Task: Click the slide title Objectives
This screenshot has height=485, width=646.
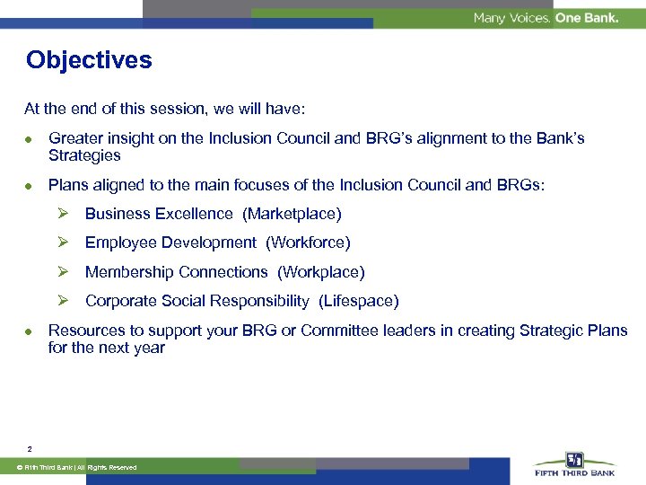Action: point(89,60)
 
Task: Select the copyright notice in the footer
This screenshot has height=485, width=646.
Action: point(81,468)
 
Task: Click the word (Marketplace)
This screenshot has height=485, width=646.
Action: point(292,214)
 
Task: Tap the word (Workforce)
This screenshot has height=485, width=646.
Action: point(308,242)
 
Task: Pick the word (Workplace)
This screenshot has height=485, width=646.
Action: point(320,272)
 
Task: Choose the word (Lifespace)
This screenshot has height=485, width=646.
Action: point(358,301)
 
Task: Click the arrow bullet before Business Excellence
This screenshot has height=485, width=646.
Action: point(64,214)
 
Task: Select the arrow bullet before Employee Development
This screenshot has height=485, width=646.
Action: point(64,242)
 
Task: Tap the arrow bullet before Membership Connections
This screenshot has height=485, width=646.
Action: point(64,272)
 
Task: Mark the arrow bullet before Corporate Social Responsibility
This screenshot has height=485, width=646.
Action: point(64,301)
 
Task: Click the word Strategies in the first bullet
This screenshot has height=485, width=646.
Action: point(84,155)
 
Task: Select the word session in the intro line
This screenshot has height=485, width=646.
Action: point(181,109)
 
